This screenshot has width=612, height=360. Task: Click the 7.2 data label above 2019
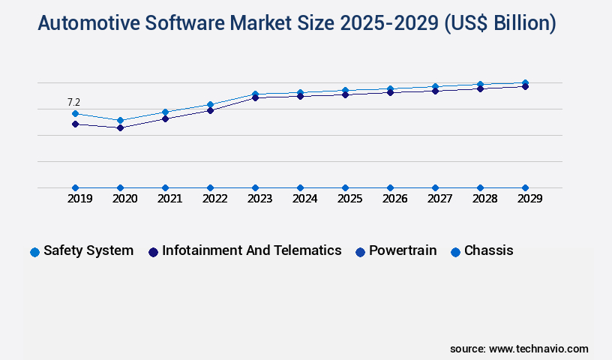pos(73,102)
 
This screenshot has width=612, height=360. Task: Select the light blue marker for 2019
pos(75,114)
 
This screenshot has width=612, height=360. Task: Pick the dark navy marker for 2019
pos(75,124)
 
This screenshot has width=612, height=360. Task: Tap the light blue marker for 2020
pos(120,120)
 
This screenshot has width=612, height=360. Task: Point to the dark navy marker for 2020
pos(120,128)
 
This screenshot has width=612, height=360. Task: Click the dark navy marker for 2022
pos(210,110)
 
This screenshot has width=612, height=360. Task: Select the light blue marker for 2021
pos(165,112)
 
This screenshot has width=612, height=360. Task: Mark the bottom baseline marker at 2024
pos(300,187)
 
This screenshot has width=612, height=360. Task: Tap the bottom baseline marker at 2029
pos(525,187)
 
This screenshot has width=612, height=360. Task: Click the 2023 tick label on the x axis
pos(259,199)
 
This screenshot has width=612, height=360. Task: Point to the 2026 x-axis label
pos(394,199)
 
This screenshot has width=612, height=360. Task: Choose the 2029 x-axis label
pos(529,199)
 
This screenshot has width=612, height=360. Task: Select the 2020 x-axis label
pos(124,199)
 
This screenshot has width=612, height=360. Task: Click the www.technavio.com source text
pos(538,349)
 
